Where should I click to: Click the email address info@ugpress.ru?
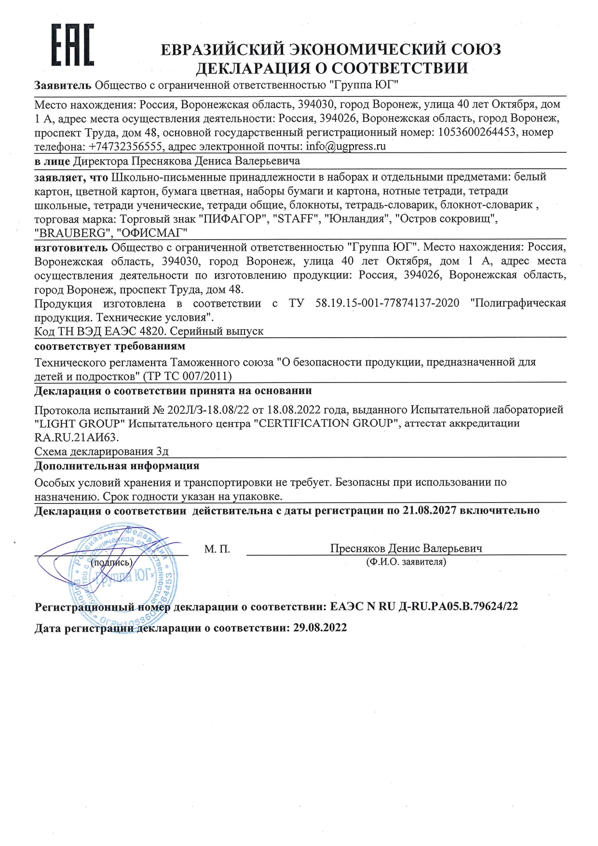click(346, 146)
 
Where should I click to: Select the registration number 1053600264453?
click(477, 132)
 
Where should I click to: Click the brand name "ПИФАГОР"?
click(233, 219)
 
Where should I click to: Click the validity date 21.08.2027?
click(429, 510)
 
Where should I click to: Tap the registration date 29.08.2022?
click(320, 628)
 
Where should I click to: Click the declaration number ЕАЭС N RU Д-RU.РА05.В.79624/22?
click(424, 607)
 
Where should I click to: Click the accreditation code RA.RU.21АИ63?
click(76, 437)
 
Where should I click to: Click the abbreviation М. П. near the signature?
click(217, 549)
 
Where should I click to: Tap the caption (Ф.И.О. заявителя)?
click(406, 562)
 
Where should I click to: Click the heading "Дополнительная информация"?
click(117, 466)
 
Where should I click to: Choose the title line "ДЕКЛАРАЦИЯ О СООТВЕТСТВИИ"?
click(331, 68)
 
